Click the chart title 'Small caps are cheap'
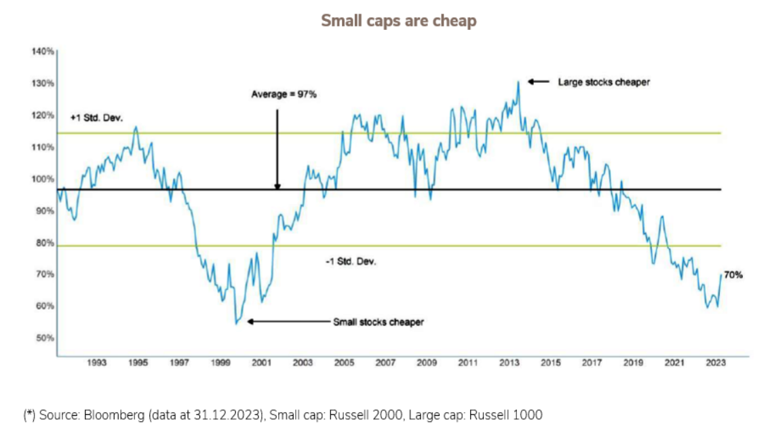[x=399, y=21]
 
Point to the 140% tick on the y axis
[x=42, y=52]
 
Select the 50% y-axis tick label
[x=44, y=338]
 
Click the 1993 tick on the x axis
[x=97, y=363]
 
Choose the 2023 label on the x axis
[x=715, y=363]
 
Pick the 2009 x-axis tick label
[x=427, y=363]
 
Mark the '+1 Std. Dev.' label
[x=97, y=118]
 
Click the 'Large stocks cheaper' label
[x=604, y=82]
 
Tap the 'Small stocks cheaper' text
[x=378, y=322]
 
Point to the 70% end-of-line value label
[x=733, y=275]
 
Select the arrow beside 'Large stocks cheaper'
[x=539, y=82]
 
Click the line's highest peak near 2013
[x=518, y=82]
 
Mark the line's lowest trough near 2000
[x=236, y=323]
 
